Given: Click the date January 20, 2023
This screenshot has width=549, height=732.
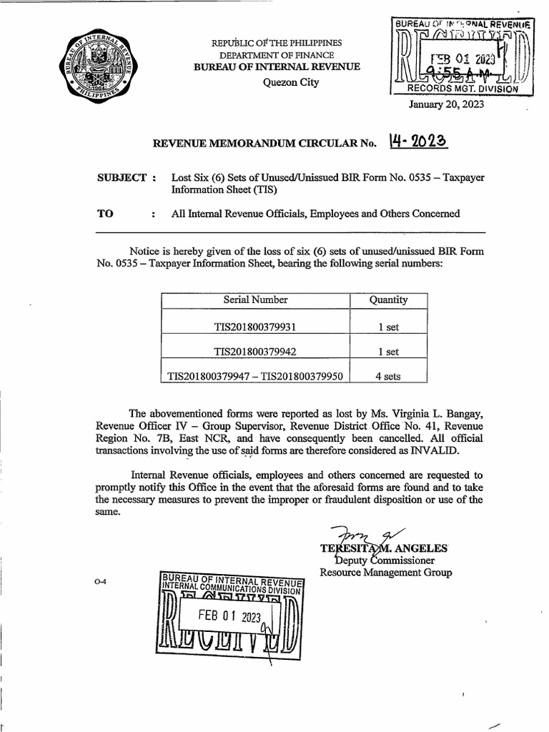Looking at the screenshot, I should (446, 104).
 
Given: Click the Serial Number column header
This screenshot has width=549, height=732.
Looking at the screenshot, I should (255, 300).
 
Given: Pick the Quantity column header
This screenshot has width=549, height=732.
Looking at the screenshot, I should (388, 300).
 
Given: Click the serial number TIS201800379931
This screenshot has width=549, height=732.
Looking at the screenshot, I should (255, 327).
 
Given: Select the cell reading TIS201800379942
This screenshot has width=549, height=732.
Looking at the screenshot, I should (255, 352).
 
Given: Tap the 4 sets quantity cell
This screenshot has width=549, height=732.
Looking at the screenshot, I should (388, 376).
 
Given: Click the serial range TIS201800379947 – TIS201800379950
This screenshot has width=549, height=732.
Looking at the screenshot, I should (255, 376).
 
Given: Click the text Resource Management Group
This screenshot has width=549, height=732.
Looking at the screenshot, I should (385, 573).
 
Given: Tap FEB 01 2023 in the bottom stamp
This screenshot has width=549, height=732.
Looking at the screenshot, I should (230, 616).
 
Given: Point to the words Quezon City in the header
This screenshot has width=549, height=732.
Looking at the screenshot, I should (291, 81).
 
